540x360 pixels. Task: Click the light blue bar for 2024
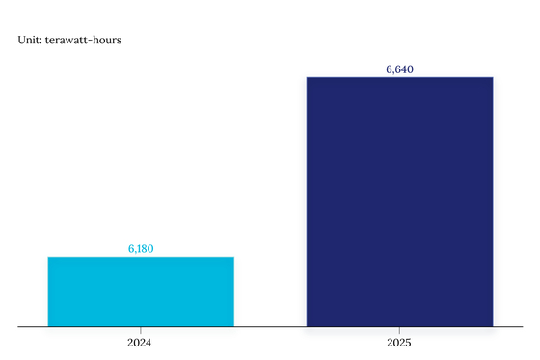tap(141, 291)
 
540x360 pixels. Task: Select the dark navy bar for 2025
tap(400, 202)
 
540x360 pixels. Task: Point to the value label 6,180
tap(141, 249)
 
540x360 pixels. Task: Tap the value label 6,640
tap(399, 69)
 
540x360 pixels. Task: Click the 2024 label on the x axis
tap(139, 343)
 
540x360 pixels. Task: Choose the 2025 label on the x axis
tap(399, 343)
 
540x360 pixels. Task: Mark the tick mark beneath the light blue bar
tap(141, 330)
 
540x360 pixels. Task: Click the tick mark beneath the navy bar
tap(399, 330)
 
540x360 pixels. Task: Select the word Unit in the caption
tap(29, 40)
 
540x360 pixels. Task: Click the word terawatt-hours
tap(83, 40)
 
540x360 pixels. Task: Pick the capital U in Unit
tap(21, 40)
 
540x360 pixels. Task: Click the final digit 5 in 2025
tap(408, 343)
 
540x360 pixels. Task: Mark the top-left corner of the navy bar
tap(307, 77)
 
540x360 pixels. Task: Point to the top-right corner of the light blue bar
tap(234, 257)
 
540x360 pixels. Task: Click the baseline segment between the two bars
tap(270, 326)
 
